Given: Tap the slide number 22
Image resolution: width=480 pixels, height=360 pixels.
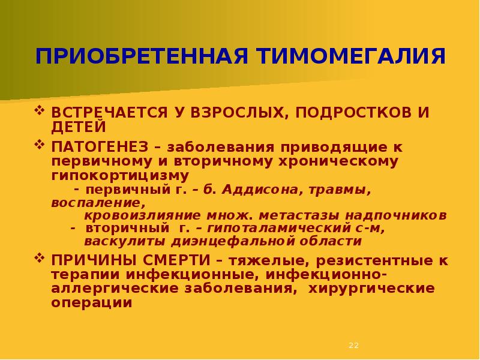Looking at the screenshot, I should (353, 346).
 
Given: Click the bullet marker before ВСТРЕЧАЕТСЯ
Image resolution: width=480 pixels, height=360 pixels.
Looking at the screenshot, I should (40, 111).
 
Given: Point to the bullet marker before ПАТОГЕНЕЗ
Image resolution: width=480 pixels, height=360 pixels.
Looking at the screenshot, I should (40, 145).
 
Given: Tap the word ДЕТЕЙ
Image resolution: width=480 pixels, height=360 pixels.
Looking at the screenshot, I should (79, 127).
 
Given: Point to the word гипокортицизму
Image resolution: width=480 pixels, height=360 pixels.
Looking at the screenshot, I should (120, 175).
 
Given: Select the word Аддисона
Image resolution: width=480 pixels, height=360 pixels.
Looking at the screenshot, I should (264, 190).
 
